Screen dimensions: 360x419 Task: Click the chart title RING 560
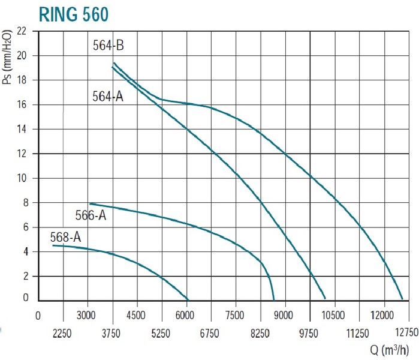[74, 14]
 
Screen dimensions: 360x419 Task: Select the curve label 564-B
[108, 46]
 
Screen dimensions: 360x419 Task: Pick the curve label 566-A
[91, 215]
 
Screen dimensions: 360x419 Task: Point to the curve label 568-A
[65, 237]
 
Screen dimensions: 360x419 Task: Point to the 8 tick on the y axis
[24, 203]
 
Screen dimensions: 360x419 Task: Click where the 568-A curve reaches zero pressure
[188, 299]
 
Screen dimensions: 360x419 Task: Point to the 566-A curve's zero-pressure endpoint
[274, 299]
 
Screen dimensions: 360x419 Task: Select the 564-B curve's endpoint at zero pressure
[402, 299]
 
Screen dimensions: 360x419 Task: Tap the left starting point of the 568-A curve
[53, 245]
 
